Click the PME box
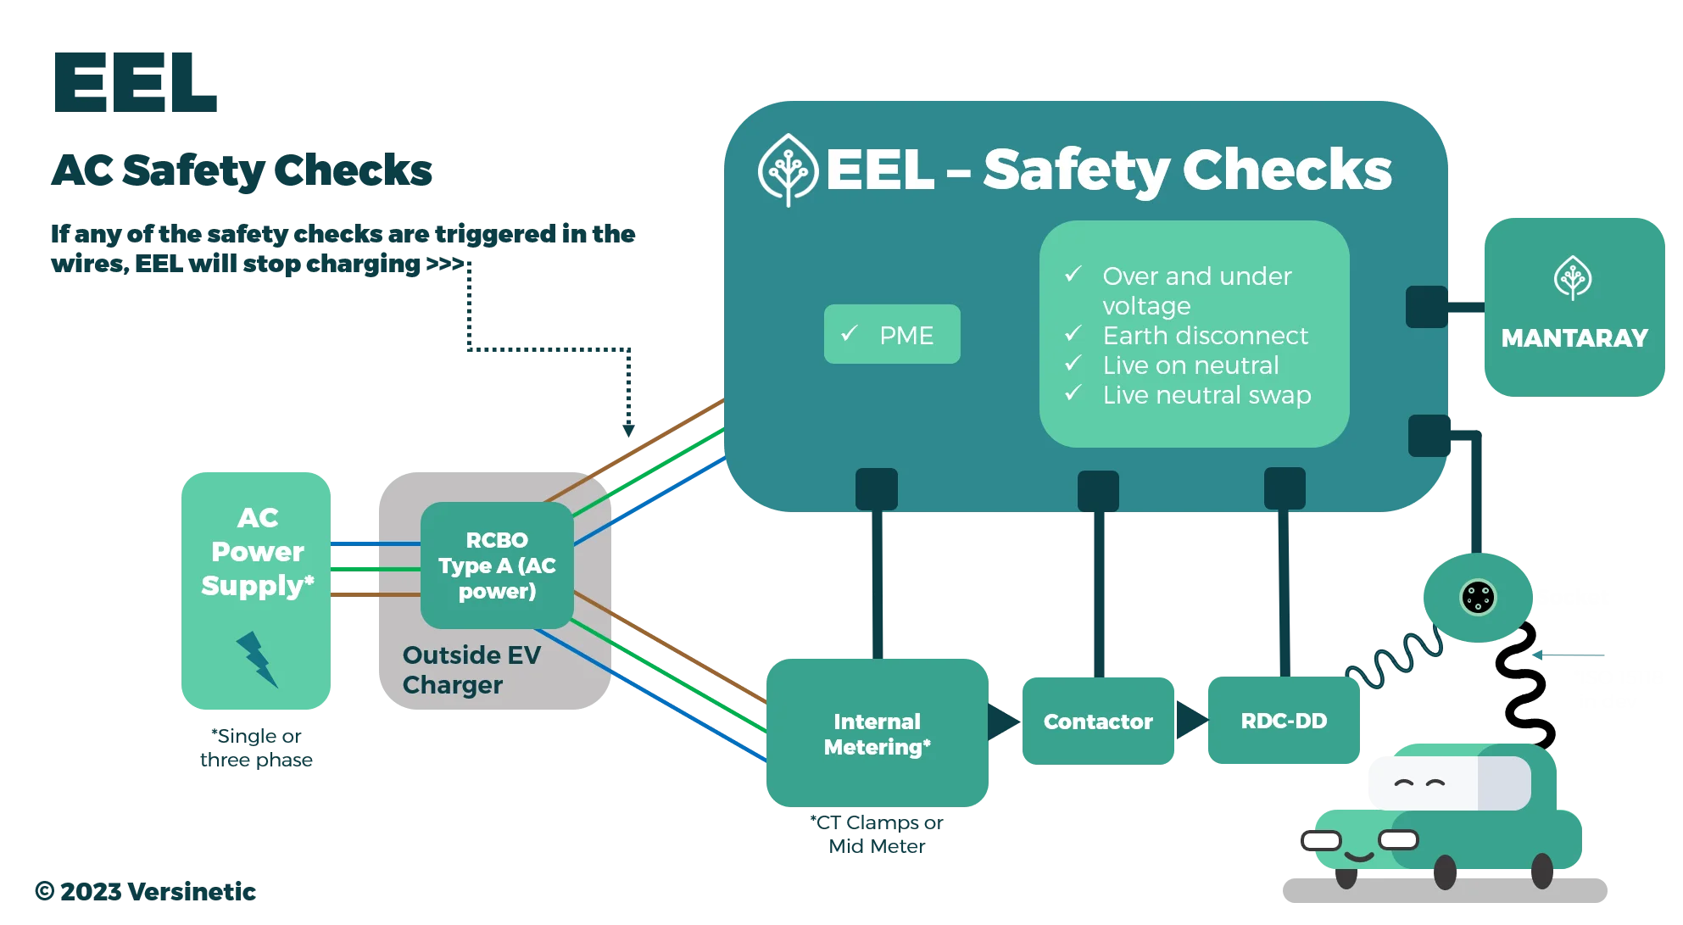[892, 335]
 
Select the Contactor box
[1098, 722]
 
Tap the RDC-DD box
[1284, 721]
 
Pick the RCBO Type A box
[497, 566]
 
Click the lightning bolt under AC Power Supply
[256, 659]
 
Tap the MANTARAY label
[1574, 338]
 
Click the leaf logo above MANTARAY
[1573, 278]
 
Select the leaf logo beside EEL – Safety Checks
[788, 170]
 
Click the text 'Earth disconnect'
[1205, 336]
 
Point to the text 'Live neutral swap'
[1207, 395]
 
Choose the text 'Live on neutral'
[1190, 365]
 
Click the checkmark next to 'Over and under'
[1073, 275]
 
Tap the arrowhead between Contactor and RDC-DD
[1191, 721]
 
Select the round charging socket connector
[1478, 598]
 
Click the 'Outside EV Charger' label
[471, 670]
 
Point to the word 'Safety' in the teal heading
[1076, 170]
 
